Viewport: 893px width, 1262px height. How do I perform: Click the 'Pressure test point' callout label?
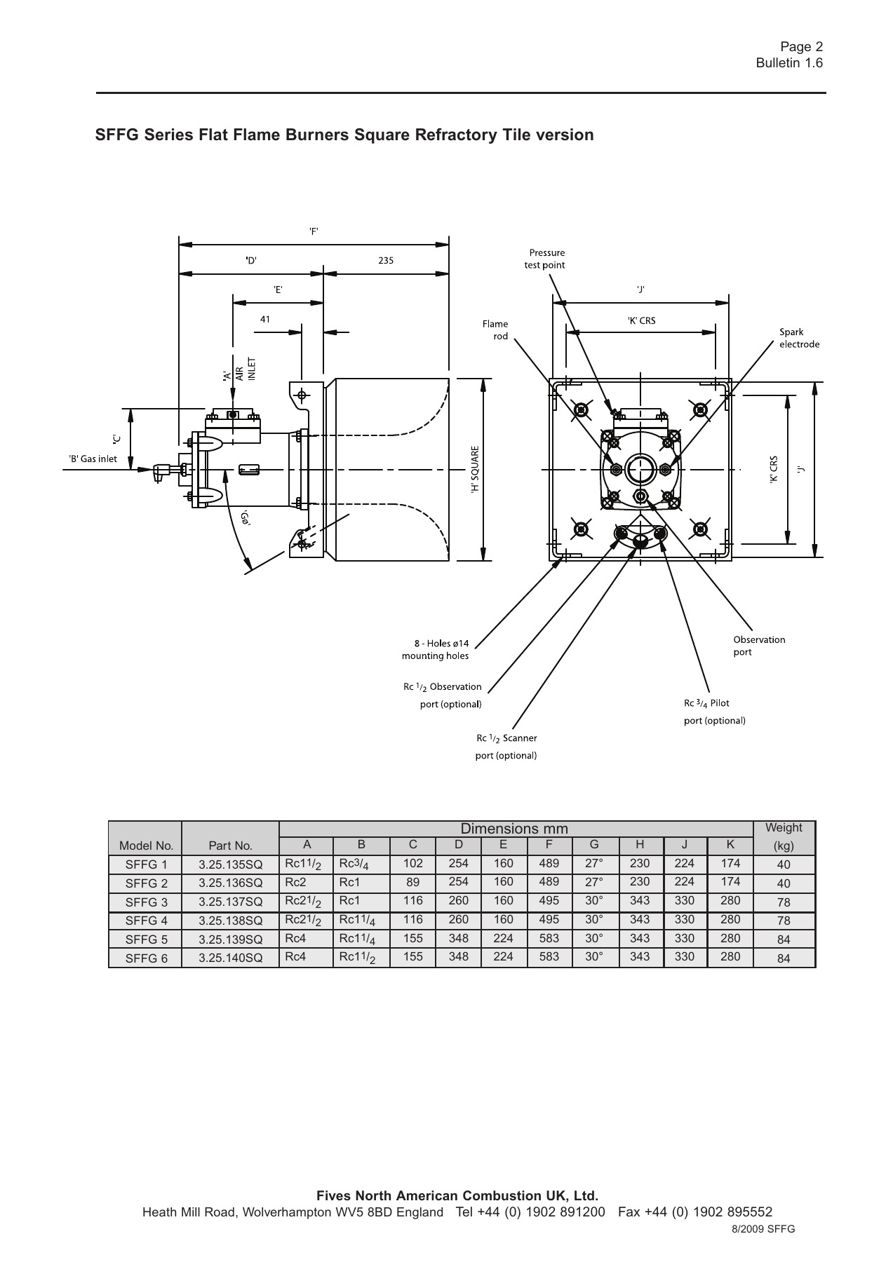545,259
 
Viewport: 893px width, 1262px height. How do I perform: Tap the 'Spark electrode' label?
799,338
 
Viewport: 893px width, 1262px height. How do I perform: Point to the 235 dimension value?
386,260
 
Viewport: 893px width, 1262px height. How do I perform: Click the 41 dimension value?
265,319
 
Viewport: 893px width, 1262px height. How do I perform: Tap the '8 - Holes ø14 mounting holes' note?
435,649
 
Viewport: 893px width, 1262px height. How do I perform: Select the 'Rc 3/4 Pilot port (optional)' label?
714,712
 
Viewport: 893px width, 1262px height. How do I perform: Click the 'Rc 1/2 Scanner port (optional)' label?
506,747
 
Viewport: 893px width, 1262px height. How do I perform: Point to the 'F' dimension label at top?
314,231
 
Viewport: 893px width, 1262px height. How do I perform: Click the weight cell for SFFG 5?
784,939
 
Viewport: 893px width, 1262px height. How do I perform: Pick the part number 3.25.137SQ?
230,902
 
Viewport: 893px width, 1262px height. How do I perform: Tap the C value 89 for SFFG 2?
412,883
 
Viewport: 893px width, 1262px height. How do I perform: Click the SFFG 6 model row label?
146,958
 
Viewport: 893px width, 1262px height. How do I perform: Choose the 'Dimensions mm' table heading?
514,829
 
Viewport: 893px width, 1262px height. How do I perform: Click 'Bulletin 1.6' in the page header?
788,63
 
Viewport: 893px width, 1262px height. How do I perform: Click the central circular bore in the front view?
640,468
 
